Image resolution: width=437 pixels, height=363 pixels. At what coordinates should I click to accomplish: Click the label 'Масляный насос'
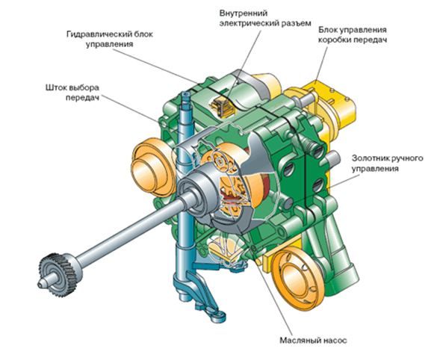pos(313,341)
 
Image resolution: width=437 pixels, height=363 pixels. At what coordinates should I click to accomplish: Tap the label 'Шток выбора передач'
pos(72,93)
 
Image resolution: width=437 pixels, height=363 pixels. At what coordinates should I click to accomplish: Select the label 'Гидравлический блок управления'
pos(110,39)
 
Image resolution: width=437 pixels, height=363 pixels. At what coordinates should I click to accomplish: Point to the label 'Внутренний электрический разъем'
pos(265,18)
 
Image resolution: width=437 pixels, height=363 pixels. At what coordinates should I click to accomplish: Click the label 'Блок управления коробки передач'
pos(353,34)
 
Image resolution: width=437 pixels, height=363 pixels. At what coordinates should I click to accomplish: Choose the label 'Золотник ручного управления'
pos(387,164)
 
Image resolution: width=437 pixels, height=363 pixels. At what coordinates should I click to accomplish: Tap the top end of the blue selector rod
pos(186,96)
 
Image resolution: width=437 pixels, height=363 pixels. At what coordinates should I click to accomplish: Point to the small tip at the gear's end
pos(41,284)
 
